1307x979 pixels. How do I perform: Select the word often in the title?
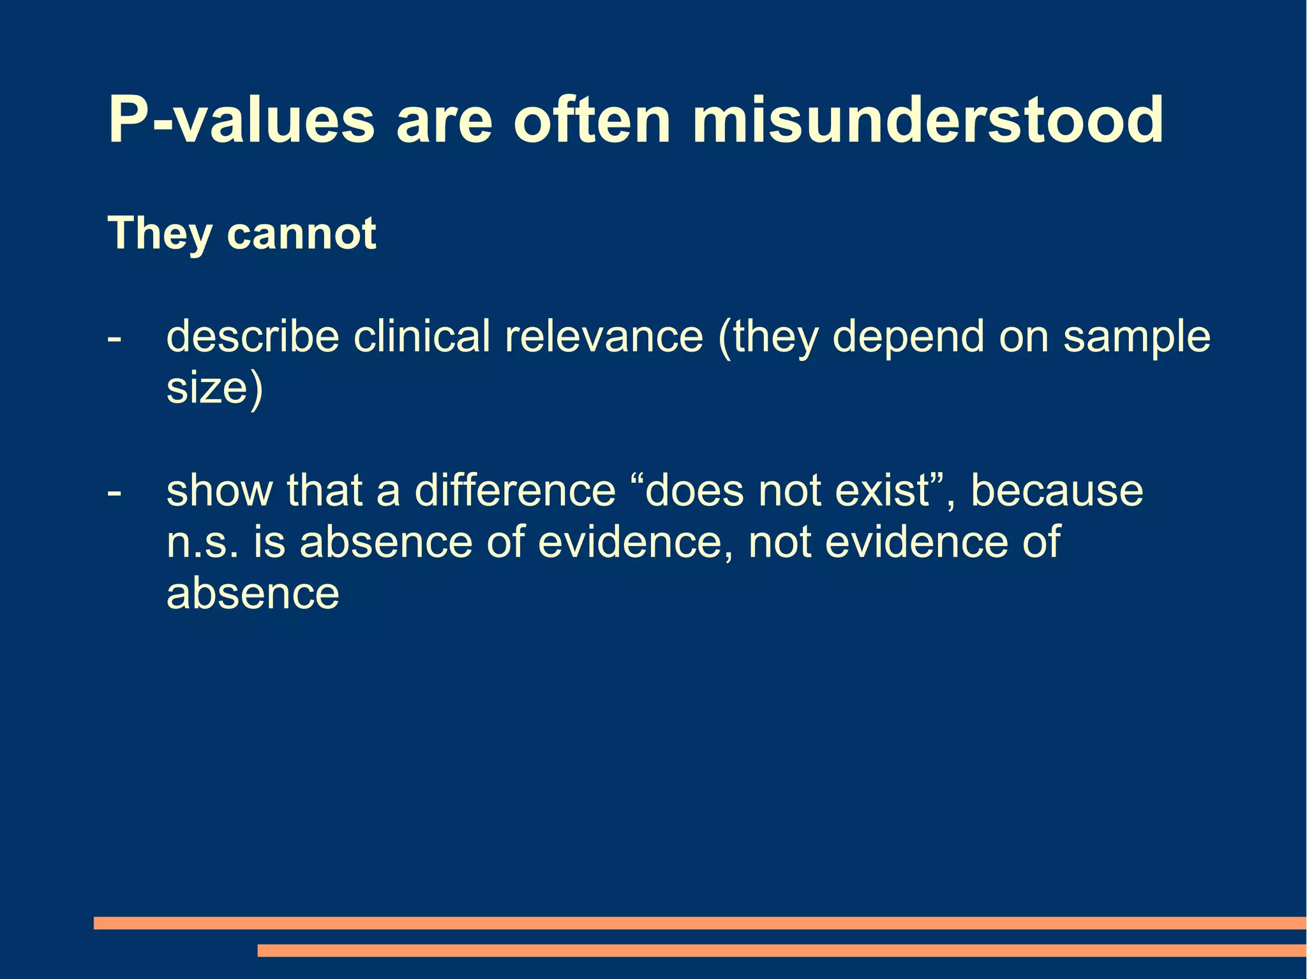(x=592, y=120)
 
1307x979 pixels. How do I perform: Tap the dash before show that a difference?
(x=114, y=492)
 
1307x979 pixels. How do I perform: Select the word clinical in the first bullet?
(x=422, y=336)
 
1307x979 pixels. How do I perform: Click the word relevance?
(x=604, y=336)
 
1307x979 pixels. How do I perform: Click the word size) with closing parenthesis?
(x=214, y=388)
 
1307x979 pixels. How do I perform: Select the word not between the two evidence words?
(x=779, y=542)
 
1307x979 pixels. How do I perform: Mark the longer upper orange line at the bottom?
(x=699, y=923)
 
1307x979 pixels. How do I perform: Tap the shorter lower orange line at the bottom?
(x=782, y=950)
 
